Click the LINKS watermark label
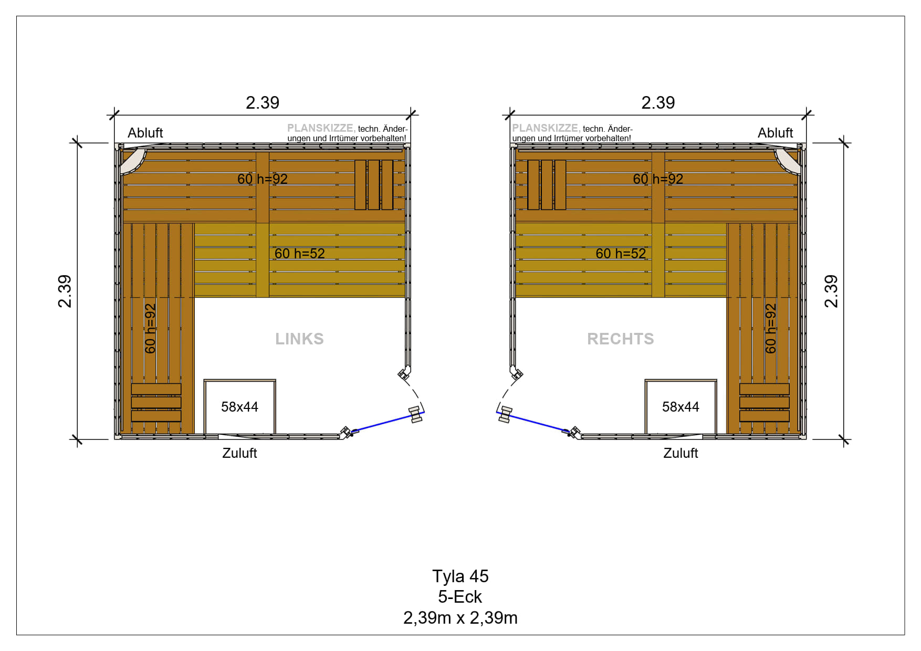coord(299,339)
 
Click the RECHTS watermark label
coord(620,339)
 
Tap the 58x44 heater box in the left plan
coord(240,406)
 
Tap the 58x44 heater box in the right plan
coord(681,406)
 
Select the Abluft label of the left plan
coord(145,133)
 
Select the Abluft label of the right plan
coord(775,133)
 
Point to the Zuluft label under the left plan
coord(239,453)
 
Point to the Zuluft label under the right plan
coord(681,453)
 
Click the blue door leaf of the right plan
coord(532,422)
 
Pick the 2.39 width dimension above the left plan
coord(263,102)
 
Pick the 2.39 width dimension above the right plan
coord(658,102)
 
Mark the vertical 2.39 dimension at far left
coord(65,291)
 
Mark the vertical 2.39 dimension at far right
coord(831,291)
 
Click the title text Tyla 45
coord(460,576)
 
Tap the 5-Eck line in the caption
coord(460,596)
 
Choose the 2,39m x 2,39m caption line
coord(460,617)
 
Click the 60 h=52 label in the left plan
coord(300,254)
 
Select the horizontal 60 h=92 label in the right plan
coord(658,179)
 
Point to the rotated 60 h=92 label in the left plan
coord(150,329)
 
